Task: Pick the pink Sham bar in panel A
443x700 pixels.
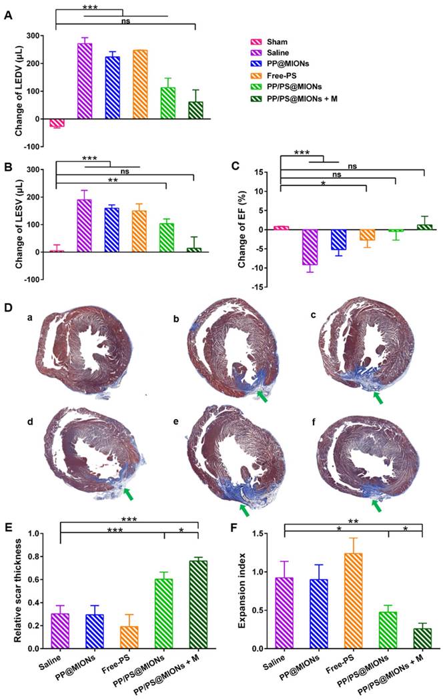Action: point(57,123)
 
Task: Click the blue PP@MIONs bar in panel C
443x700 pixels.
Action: point(339,240)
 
